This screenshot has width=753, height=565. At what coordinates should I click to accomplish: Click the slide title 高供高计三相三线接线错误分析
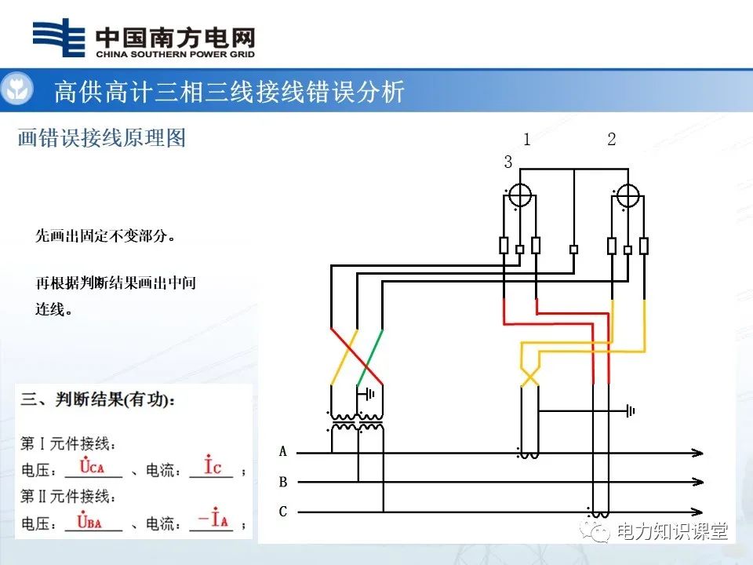pos(229,92)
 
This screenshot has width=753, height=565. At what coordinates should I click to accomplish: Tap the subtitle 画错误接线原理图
pos(102,138)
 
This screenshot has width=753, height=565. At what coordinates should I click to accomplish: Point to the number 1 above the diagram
pos(527,140)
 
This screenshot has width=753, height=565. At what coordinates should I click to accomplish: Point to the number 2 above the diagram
pos(612,140)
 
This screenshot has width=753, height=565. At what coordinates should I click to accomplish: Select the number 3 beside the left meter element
pos(508,162)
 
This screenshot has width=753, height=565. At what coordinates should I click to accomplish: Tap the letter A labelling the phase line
pos(283,452)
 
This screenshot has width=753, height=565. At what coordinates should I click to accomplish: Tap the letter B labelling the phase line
pos(283,482)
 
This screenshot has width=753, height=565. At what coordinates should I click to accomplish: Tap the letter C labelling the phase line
pos(283,512)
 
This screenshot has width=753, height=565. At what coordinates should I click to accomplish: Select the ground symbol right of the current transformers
pos(630,410)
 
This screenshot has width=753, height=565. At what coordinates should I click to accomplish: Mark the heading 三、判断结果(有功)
pos(99,399)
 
